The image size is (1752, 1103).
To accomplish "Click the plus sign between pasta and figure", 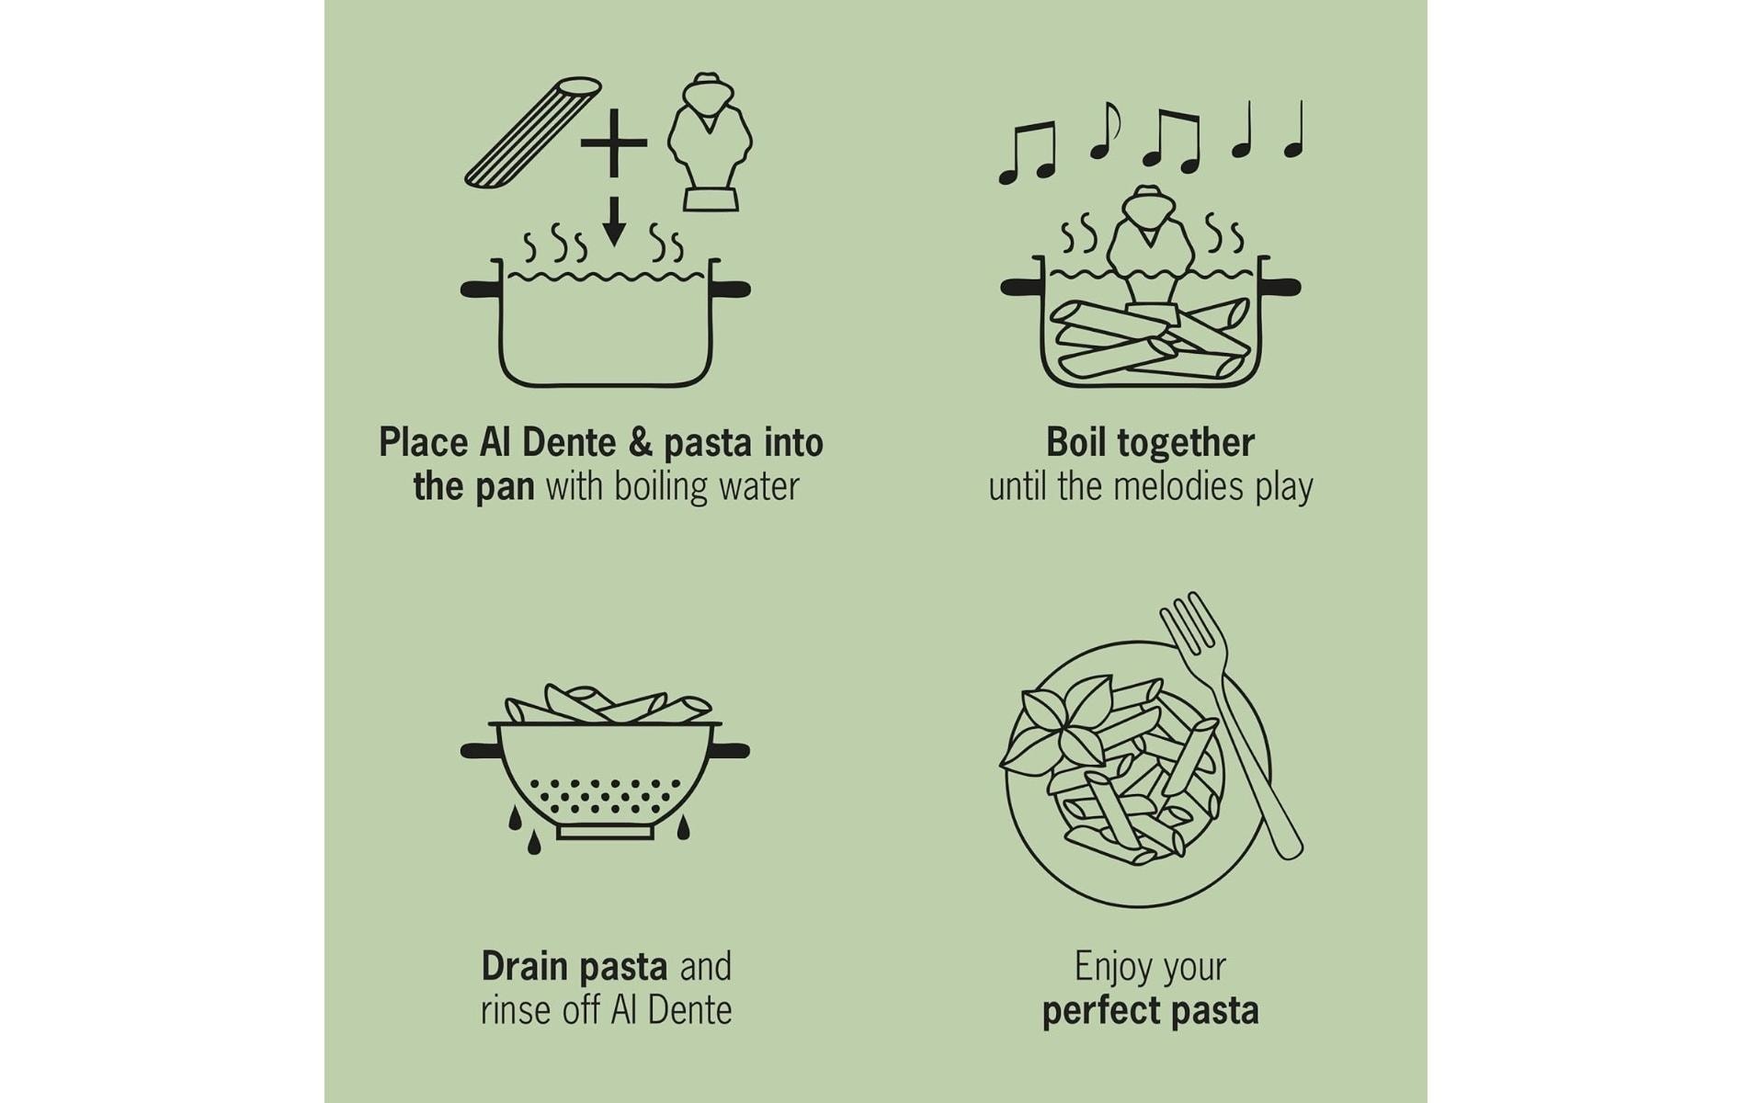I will [x=613, y=142].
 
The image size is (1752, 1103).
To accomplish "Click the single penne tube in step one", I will [x=533, y=133].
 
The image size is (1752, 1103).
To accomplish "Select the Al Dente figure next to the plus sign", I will [x=709, y=142].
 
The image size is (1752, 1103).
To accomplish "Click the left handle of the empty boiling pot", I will [x=480, y=290].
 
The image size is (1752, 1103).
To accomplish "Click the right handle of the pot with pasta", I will [x=1280, y=287].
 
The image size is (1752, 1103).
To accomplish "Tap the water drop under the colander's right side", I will [x=683, y=829].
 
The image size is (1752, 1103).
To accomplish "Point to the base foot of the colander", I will [x=605, y=832].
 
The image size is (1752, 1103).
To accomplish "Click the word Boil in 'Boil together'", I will [x=1075, y=443].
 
